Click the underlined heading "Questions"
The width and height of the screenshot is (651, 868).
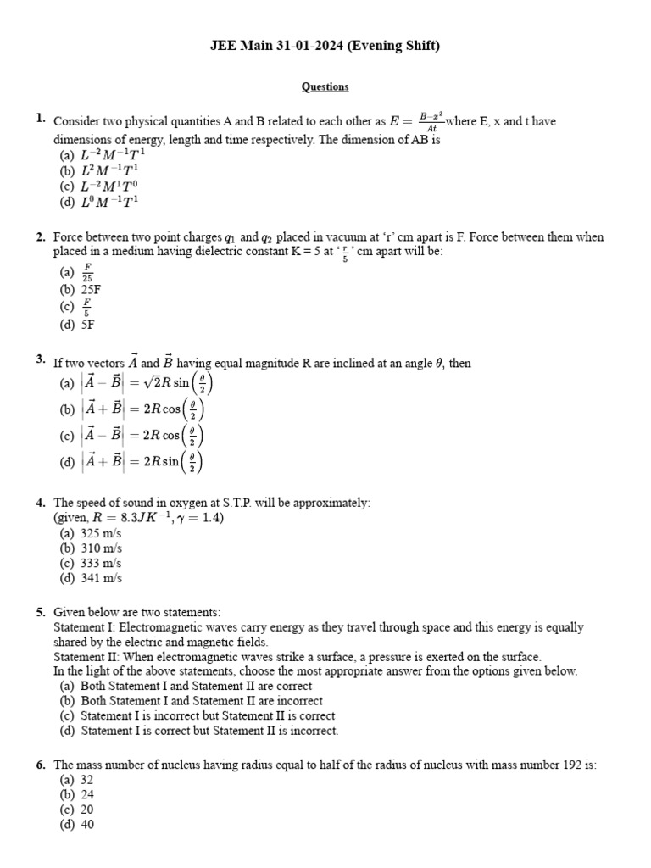click(x=325, y=86)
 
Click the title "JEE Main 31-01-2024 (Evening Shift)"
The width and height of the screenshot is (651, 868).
click(x=325, y=46)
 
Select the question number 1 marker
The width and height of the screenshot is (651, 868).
click(x=41, y=119)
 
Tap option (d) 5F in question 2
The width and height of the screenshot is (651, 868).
click(x=77, y=324)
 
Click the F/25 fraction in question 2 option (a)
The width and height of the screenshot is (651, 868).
click(x=87, y=272)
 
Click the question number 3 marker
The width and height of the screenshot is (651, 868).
click(x=41, y=360)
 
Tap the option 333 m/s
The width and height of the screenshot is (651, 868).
click(x=91, y=563)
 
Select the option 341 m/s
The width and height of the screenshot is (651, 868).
click(x=91, y=578)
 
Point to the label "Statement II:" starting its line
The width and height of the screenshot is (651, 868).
click(x=84, y=657)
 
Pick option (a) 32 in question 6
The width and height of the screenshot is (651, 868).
click(x=76, y=780)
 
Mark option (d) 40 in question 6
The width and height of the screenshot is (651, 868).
click(x=76, y=824)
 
